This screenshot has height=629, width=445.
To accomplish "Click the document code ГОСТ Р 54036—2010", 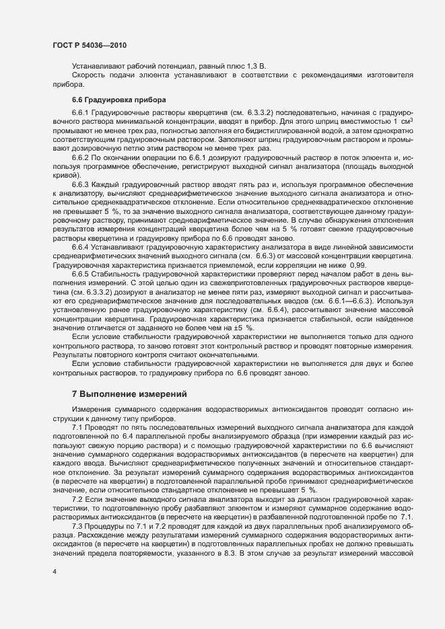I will coord(89,45).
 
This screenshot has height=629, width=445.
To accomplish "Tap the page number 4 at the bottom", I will coord(55,572).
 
